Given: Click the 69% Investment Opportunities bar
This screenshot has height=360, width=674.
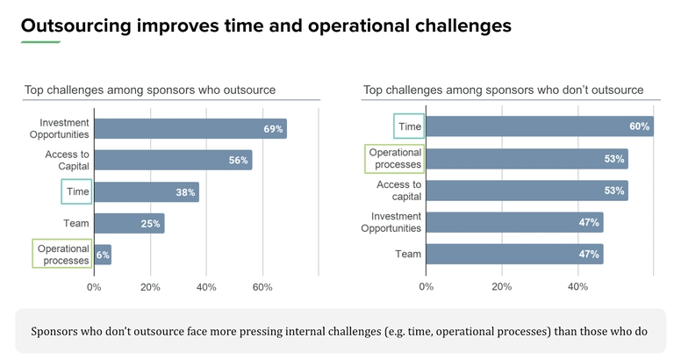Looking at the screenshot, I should point(190,129).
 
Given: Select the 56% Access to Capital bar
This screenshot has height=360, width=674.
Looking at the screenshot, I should point(172,160).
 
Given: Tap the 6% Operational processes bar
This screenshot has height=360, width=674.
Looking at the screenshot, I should point(102,255).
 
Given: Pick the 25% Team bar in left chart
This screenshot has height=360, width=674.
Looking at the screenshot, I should point(128,224).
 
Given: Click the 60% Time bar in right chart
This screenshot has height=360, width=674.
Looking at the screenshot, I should point(539,126).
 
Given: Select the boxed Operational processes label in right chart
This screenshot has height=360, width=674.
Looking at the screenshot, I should point(395,159).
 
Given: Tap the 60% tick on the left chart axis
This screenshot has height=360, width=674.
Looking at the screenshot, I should point(262,287).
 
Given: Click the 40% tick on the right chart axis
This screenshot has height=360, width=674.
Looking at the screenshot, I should point(577,287).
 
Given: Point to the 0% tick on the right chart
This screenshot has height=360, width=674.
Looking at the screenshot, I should point(427,287).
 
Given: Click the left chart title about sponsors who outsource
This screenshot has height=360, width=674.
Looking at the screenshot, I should point(149,90).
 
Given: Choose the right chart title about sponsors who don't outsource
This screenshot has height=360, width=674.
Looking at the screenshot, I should point(503,90).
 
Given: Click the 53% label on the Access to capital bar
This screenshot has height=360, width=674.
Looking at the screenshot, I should point(613,191).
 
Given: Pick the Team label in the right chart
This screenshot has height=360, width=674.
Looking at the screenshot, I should point(409,255).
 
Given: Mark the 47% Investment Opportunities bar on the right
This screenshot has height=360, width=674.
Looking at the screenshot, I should point(514,223).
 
